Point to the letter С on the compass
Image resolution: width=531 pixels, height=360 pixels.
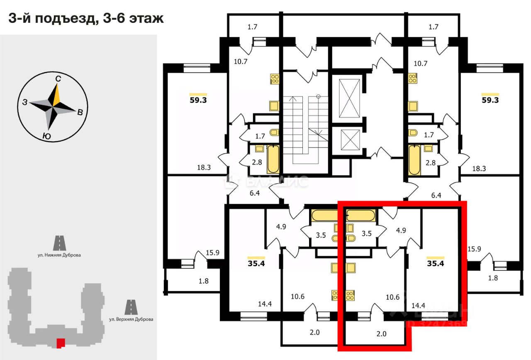pos(59,78)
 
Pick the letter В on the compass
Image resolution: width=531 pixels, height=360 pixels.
pos(80,111)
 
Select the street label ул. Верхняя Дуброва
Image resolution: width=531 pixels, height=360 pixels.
pos(131,319)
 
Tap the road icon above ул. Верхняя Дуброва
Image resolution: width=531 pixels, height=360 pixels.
pos(131,307)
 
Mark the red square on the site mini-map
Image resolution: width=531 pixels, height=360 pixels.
pos(61,343)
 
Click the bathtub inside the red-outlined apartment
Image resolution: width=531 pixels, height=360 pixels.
pos(361,215)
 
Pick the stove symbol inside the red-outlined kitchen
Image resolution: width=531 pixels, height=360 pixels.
pos(349,296)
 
